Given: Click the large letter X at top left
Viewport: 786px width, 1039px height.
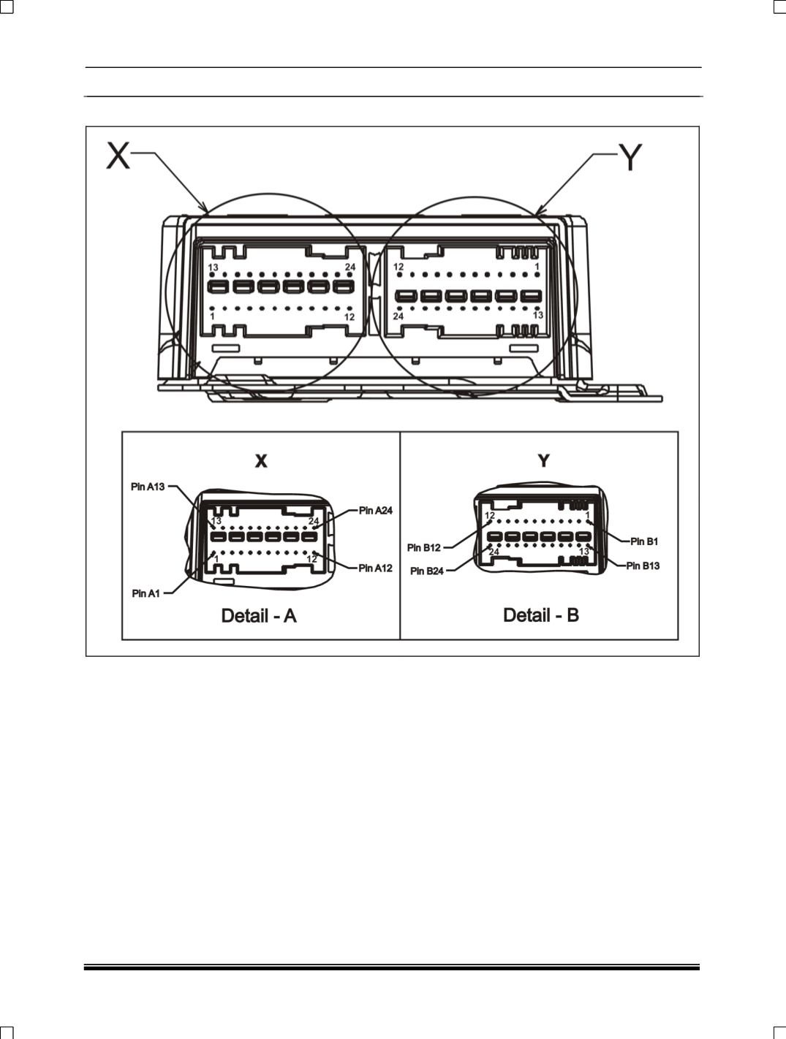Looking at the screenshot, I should [x=118, y=155].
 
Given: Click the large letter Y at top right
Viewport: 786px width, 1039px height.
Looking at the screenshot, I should [x=630, y=157].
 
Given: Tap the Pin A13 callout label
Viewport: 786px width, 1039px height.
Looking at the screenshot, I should [x=148, y=487].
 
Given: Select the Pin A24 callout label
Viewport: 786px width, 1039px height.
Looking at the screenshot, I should [x=376, y=510].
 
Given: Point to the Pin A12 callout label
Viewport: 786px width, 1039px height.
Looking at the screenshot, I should [x=376, y=568].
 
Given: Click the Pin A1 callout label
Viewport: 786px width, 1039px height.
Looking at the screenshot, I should [x=146, y=593].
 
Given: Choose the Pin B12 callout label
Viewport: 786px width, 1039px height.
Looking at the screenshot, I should [x=424, y=547].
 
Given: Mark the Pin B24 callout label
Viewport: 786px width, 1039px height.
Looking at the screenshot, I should [x=427, y=571].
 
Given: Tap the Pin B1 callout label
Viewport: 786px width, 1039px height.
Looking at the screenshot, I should [x=644, y=541].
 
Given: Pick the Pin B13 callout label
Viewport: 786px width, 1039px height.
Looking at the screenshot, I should [x=643, y=566].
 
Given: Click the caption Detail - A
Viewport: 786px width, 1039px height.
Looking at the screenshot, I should [x=259, y=615].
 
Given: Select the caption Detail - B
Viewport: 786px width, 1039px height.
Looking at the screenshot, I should [x=541, y=614].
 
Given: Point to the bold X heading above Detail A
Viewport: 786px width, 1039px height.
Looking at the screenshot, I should [x=260, y=461].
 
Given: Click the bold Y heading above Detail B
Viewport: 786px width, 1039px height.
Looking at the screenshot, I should [x=543, y=460].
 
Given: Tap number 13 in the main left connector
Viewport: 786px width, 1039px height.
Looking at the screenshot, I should [x=213, y=268].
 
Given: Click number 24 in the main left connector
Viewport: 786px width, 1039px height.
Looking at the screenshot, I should [x=350, y=267].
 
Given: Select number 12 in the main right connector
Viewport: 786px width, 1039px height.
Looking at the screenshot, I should [x=398, y=267].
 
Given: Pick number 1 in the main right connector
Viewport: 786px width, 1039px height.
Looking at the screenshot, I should [x=537, y=267].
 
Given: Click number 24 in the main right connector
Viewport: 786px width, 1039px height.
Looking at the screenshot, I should [x=398, y=316].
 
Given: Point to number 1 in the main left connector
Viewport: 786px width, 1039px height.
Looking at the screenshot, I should [x=212, y=316].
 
